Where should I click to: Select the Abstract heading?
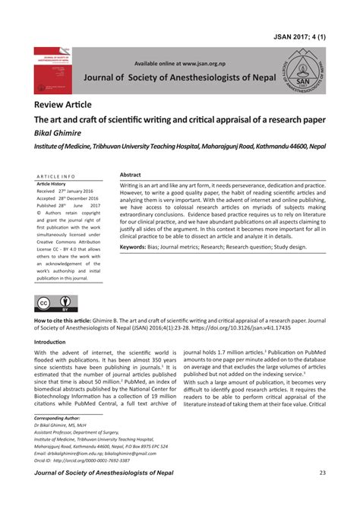131,174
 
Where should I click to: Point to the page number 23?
322,473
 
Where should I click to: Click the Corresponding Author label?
58,418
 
